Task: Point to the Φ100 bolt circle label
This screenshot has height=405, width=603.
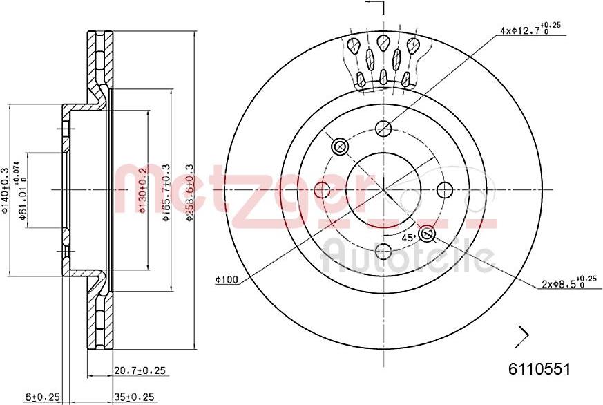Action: tap(226, 279)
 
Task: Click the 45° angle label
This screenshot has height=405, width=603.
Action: tap(408, 237)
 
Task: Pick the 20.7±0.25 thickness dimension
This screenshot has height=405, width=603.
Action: tap(140, 372)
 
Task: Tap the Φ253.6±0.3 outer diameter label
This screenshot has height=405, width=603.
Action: tap(189, 193)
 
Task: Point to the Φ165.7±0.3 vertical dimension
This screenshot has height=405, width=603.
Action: tap(165, 193)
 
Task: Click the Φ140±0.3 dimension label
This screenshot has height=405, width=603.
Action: tap(6, 191)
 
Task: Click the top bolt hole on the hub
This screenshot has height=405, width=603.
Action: tap(383, 129)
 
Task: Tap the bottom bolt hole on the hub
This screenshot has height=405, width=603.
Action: tap(383, 251)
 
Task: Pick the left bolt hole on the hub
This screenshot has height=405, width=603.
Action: tap(323, 190)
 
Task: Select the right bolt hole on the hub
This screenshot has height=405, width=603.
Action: tap(445, 190)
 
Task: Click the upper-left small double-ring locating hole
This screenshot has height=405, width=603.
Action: tap(340, 147)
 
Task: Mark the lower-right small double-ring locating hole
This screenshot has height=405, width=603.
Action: tap(427, 234)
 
